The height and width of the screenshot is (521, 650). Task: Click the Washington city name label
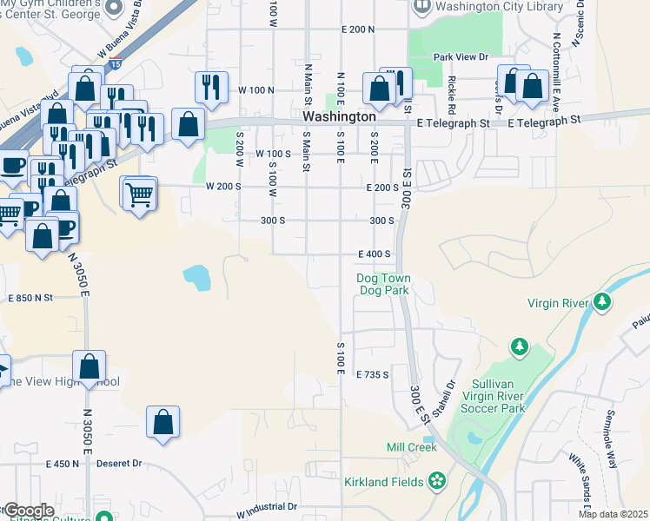pos(339,115)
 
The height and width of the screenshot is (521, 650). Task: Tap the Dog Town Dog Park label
pos(383,284)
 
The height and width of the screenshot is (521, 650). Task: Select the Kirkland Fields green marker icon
pos(437,481)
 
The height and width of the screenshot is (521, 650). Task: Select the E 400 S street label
pos(375,254)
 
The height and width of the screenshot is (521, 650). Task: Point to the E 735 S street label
pos(372,374)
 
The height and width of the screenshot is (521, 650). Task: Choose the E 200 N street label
pos(358,29)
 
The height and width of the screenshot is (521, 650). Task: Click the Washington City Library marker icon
pos(422,6)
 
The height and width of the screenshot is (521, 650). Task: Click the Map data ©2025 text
pos(614,514)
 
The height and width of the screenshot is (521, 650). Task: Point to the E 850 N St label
pos(31,298)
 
